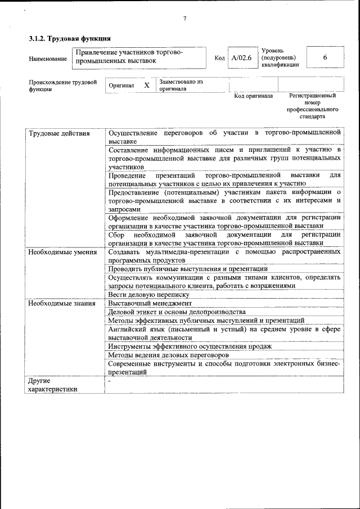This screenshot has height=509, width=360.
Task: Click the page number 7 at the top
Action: (184, 19)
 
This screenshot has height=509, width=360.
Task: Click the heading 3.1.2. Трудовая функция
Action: (69, 38)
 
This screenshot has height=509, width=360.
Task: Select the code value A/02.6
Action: (241, 58)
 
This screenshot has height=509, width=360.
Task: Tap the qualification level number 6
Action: (325, 57)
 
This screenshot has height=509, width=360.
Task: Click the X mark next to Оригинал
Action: (146, 85)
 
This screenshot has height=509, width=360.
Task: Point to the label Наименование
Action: (46, 58)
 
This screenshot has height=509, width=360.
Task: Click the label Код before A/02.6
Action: (219, 58)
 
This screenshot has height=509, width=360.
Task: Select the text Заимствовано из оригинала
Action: (181, 85)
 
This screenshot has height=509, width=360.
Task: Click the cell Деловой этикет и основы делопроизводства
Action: (177, 312)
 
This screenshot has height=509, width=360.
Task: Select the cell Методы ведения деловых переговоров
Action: (168, 355)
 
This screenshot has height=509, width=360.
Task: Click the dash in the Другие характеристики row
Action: (110, 381)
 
